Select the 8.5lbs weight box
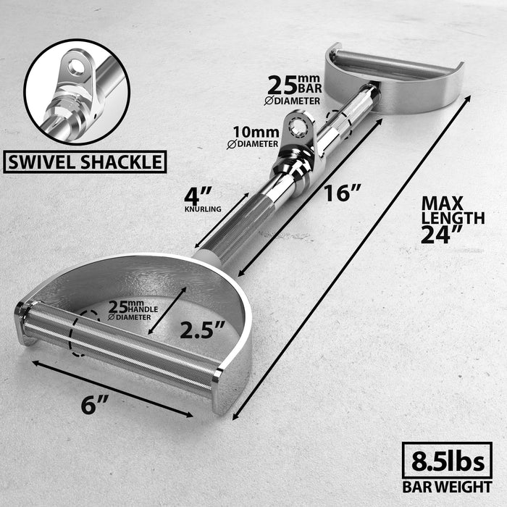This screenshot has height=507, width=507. coord(447,461)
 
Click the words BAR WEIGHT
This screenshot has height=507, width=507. coord(448,486)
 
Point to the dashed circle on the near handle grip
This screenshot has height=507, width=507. coord(81,335)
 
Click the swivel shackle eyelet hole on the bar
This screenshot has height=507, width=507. coord(296,127)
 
